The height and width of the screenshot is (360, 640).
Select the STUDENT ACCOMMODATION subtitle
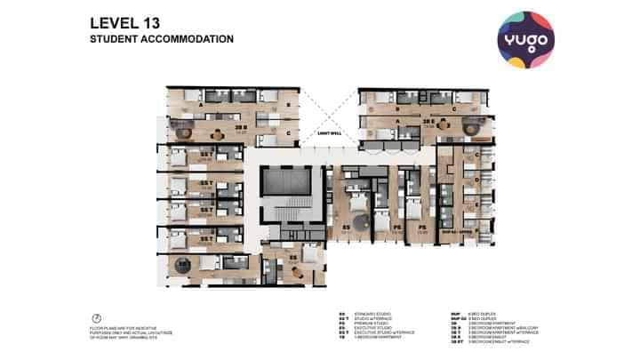(x=162, y=40)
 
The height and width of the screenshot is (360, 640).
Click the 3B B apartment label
(x=239, y=127)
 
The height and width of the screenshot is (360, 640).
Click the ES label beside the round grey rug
(x=346, y=228)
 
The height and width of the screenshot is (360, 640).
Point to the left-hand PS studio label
(x=396, y=228)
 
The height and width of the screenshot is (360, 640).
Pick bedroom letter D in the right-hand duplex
(x=477, y=180)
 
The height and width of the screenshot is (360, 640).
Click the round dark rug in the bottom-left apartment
(x=184, y=265)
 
